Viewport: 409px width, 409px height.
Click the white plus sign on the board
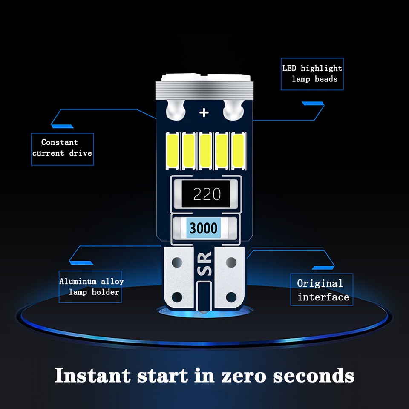coord(204,112)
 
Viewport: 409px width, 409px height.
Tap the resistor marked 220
coord(206,194)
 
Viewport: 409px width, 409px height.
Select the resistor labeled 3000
coord(204,228)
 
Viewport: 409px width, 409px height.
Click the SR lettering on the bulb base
coord(204,263)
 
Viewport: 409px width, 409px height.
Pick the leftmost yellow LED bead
coord(173,150)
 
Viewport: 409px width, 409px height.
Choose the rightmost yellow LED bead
coord(238,150)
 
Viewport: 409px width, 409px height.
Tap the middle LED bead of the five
coord(205,150)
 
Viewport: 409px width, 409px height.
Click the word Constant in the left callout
coord(60,142)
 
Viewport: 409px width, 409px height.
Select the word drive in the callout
coord(81,153)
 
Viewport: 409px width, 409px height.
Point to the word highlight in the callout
coord(321,68)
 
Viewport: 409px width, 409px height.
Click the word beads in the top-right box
coord(326,79)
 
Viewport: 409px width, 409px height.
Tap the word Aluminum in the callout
coord(78,281)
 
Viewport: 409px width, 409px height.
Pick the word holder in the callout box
coord(105,292)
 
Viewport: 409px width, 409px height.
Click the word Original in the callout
coord(320,284)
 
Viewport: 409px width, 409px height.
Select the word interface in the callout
coord(323,297)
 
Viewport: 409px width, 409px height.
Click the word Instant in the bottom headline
coord(92,375)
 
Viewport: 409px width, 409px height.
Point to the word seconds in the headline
coord(314,376)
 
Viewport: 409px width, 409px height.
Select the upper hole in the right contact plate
coord(231,262)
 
